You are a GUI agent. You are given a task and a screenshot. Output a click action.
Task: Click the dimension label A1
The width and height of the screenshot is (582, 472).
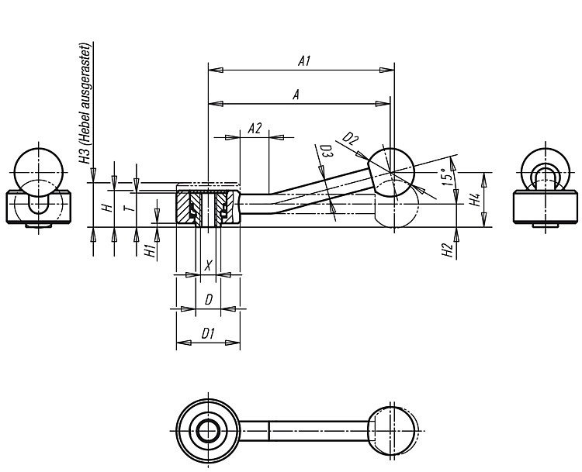304,60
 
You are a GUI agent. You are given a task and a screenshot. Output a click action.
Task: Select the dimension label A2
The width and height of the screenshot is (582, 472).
255,129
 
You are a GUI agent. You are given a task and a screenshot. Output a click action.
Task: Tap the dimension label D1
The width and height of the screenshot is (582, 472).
208,334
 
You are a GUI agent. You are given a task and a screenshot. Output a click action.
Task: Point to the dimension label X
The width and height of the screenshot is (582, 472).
209,265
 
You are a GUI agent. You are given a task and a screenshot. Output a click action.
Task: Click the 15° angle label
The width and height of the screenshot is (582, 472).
448,177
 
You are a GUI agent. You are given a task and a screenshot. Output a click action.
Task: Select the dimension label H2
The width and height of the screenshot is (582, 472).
449,250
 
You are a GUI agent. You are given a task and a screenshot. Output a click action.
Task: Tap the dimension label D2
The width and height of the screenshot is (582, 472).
350,139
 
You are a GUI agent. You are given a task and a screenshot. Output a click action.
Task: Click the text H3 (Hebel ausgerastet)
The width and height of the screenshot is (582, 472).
85,104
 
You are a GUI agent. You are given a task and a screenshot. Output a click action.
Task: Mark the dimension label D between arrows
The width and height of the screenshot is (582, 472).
209,300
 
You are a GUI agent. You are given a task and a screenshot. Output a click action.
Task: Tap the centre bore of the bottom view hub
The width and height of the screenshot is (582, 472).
208,431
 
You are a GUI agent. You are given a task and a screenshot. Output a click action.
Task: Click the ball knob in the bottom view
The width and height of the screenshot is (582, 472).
392,431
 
